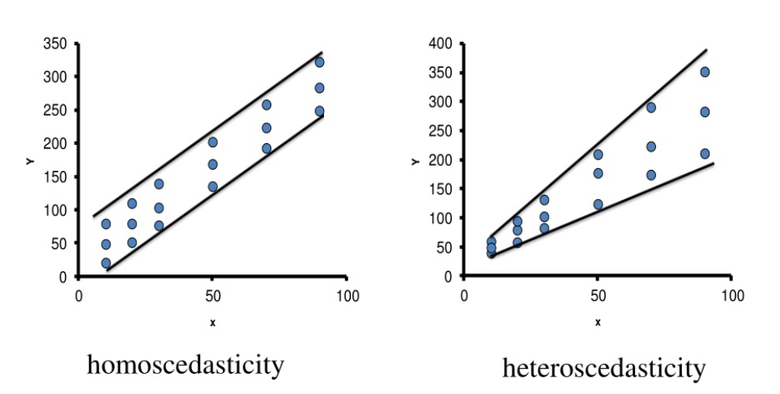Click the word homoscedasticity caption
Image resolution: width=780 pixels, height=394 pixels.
click(x=185, y=366)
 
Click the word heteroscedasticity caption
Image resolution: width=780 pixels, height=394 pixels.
click(x=603, y=369)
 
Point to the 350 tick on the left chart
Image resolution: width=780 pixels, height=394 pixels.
click(x=57, y=43)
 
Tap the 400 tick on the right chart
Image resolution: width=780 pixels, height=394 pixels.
click(x=442, y=43)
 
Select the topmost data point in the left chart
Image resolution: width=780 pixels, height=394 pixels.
click(x=319, y=62)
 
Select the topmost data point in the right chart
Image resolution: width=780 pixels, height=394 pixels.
click(x=705, y=72)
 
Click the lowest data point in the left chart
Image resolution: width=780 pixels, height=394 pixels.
click(x=105, y=263)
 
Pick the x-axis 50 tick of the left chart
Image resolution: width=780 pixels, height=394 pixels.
click(x=212, y=295)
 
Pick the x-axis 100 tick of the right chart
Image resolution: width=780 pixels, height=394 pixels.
click(x=731, y=295)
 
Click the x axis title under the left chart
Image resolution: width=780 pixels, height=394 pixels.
click(x=212, y=323)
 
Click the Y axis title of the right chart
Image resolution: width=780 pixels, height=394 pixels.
click(x=415, y=162)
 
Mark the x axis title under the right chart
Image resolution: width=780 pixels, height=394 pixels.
click(x=598, y=323)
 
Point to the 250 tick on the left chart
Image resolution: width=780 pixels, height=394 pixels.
click(x=57, y=110)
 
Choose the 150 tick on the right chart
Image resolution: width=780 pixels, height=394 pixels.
click(x=442, y=189)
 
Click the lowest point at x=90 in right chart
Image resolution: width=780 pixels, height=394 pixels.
click(x=705, y=154)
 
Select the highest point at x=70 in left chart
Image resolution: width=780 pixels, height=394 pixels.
click(x=266, y=105)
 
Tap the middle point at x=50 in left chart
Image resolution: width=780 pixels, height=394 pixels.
click(x=212, y=164)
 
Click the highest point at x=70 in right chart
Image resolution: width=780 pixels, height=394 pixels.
click(x=650, y=108)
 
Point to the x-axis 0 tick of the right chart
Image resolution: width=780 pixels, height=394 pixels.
click(x=463, y=295)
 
